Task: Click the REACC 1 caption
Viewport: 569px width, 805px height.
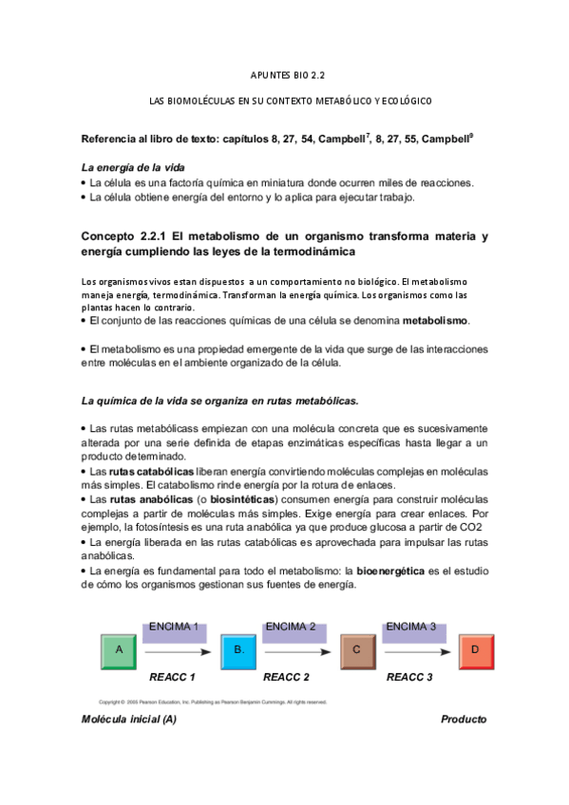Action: tap(172, 678)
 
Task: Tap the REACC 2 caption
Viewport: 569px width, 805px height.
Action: tap(287, 678)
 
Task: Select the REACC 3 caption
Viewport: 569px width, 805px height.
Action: tap(409, 678)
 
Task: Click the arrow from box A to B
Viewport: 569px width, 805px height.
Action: tap(176, 652)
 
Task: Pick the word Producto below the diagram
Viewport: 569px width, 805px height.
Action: tap(464, 720)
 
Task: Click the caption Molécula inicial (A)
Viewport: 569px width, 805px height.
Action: tap(129, 720)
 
